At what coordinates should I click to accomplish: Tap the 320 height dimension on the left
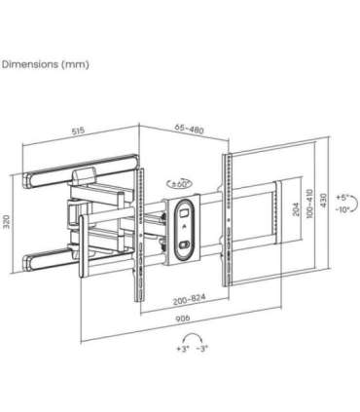pyautogui.click(x=8, y=223)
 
